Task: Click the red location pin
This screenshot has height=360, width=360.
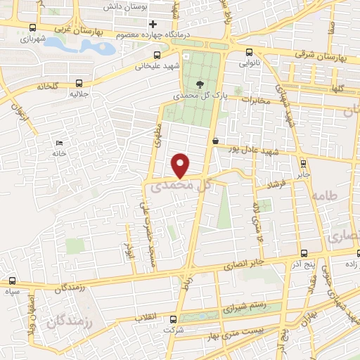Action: pyautogui.click(x=181, y=165)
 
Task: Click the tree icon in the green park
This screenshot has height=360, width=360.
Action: pyautogui.click(x=201, y=83)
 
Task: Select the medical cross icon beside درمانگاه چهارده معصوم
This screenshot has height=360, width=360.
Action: pyautogui.click(x=152, y=25)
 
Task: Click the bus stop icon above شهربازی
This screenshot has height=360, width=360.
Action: pyautogui.click(x=33, y=28)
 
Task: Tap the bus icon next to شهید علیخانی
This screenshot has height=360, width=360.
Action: pyautogui.click(x=157, y=54)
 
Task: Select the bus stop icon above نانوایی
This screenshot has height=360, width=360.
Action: pyautogui.click(x=250, y=51)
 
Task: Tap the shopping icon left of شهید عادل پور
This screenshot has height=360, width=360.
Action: pyautogui.click(x=214, y=141)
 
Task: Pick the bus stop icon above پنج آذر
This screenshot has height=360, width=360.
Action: pyautogui.click(x=302, y=253)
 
